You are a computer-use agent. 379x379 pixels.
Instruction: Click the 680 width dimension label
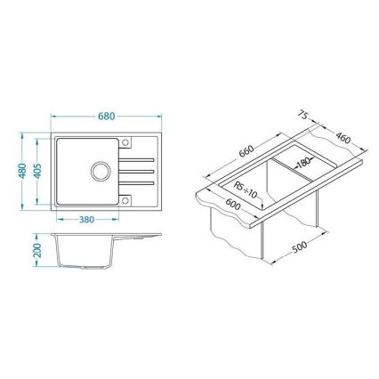coord(106,116)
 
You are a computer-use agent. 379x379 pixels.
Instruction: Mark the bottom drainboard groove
coord(142,181)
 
